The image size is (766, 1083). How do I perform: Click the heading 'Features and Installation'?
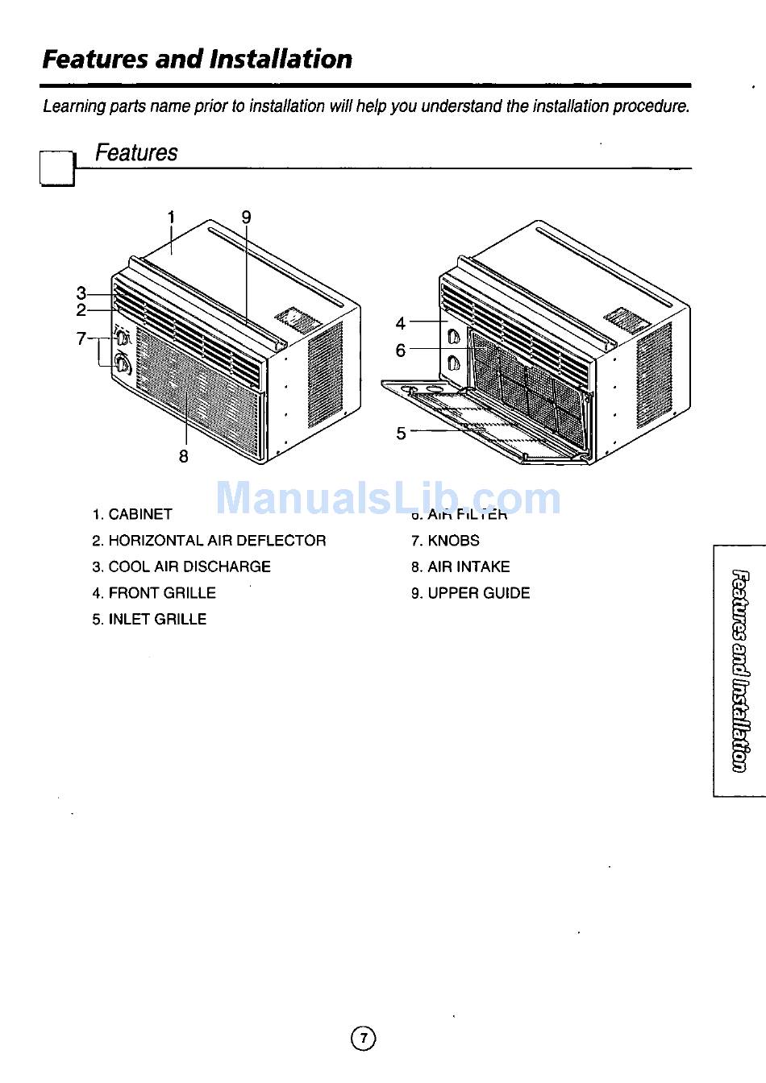(197, 59)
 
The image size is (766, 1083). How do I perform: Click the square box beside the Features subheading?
(56, 168)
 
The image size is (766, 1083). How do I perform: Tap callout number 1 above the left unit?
(171, 217)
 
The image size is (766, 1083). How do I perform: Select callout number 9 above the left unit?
(246, 217)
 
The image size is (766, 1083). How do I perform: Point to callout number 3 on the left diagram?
(81, 293)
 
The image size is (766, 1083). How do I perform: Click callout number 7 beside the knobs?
(81, 338)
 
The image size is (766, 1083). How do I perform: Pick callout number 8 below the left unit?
(184, 456)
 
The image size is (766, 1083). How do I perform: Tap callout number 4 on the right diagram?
(401, 323)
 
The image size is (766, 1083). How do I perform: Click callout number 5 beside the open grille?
(401, 434)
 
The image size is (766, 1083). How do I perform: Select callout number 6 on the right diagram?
(401, 351)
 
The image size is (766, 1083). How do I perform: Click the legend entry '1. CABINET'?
(132, 514)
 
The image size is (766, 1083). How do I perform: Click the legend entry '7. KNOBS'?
(445, 541)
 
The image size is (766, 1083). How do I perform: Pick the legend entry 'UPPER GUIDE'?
(471, 593)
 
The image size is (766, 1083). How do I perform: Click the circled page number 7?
(364, 1038)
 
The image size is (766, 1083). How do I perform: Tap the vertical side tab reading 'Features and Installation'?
(739, 670)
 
